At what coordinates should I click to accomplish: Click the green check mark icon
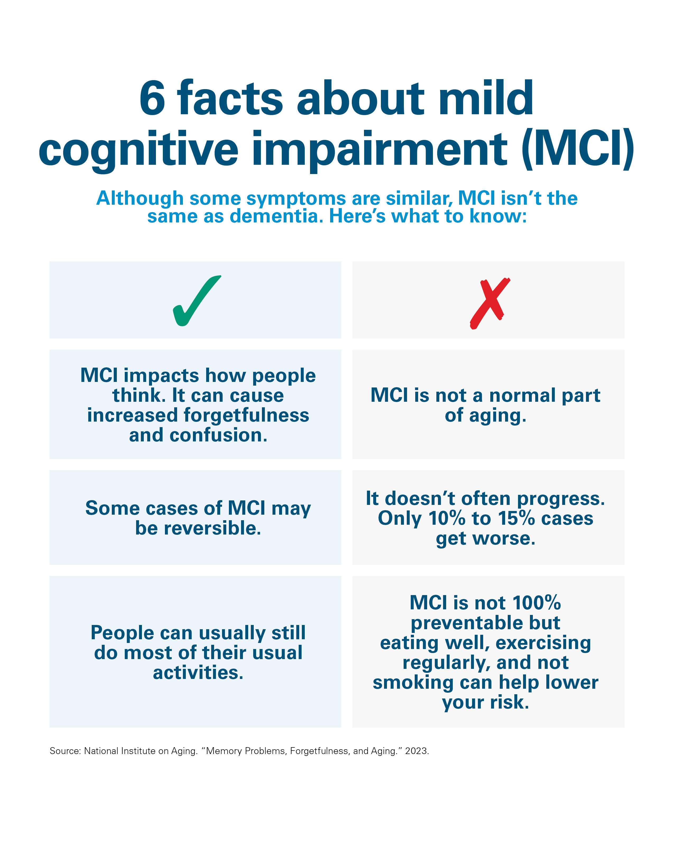[x=196, y=301]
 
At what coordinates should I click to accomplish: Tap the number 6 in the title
[x=153, y=99]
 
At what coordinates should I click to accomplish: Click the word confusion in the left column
[x=218, y=435]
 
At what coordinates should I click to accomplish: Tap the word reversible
[x=213, y=528]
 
